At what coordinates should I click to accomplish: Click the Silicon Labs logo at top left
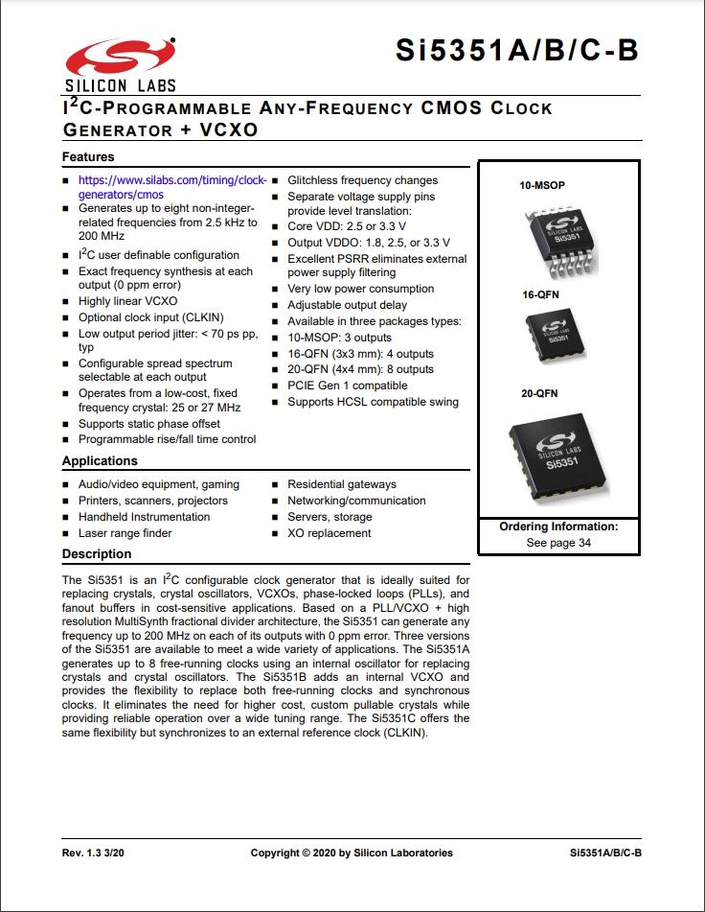pos(121,63)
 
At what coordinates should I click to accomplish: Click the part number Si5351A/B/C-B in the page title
pos(517,51)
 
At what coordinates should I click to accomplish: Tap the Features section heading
pos(88,156)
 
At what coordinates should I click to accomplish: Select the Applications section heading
pos(100,461)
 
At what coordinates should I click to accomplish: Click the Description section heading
pos(97,554)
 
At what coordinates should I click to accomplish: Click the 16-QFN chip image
pos(557,335)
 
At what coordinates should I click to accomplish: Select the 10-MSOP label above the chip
pos(541,183)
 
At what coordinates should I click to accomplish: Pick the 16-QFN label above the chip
pos(540,295)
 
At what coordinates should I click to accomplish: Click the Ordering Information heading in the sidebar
pos(558,526)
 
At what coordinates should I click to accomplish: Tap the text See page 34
pos(558,543)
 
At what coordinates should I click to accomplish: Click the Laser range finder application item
pos(125,533)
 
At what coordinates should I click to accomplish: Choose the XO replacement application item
pos(329,533)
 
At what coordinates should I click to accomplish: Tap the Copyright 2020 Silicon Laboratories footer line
pos(352,853)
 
